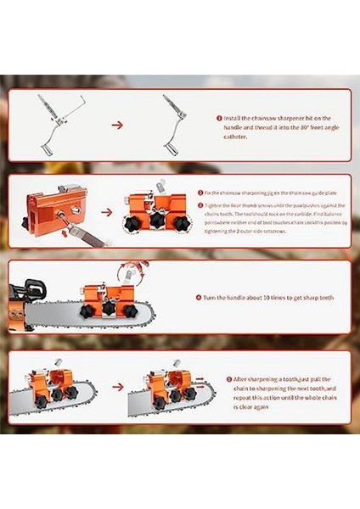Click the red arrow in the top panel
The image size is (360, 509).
tap(118, 125)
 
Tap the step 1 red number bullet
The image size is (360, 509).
tap(219, 118)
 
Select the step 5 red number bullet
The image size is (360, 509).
tap(230, 379)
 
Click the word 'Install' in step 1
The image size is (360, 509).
tap(235, 118)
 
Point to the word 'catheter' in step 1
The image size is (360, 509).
tap(238, 136)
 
